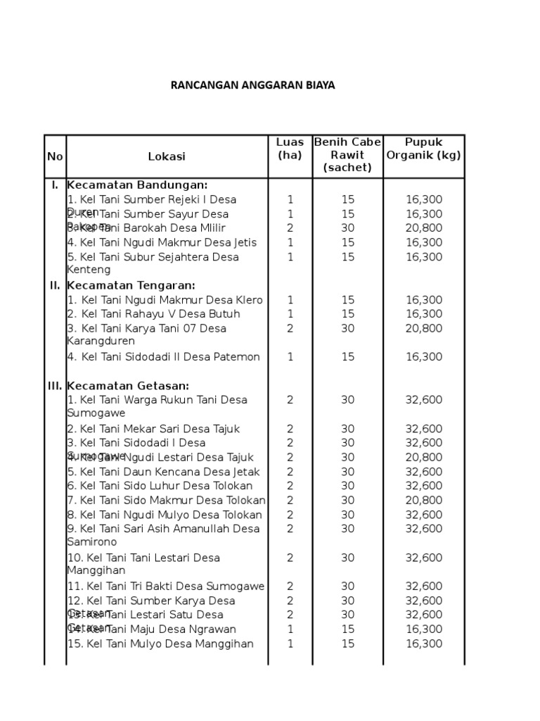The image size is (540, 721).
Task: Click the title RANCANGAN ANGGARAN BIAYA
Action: pyautogui.click(x=253, y=85)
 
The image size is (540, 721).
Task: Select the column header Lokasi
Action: pyautogui.click(x=167, y=156)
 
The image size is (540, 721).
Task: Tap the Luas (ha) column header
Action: pyautogui.click(x=290, y=149)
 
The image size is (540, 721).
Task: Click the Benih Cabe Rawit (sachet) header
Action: pyautogui.click(x=347, y=155)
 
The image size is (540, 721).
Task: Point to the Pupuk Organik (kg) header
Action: pyautogui.click(x=423, y=149)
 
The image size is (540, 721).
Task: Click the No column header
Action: pyautogui.click(x=55, y=156)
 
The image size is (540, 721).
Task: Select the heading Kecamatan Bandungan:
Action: pyautogui.click(x=137, y=185)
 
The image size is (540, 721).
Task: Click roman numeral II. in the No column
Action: pyautogui.click(x=55, y=285)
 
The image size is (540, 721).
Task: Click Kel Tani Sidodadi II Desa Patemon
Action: pyautogui.click(x=163, y=357)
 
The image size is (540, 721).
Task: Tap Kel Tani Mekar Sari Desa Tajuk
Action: pyautogui.click(x=154, y=429)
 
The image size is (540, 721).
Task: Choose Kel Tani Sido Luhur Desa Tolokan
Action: pyautogui.click(x=160, y=486)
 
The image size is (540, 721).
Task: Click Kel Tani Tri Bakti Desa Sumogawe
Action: pyautogui.click(x=166, y=587)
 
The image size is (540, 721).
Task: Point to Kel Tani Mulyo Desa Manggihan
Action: pyautogui.click(x=160, y=644)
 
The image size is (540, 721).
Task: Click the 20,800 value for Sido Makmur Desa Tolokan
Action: pyautogui.click(x=423, y=501)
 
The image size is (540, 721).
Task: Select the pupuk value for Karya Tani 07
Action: pyautogui.click(x=423, y=328)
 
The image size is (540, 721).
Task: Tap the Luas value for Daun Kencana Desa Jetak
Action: pyautogui.click(x=290, y=472)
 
